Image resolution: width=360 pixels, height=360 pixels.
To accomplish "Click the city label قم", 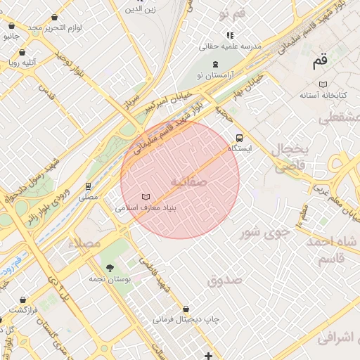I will coord(320,62).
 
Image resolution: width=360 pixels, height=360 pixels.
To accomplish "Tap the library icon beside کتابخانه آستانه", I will coord(323,84).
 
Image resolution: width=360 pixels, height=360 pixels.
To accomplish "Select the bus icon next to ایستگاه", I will coord(240,138).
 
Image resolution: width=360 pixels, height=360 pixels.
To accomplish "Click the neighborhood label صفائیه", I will coord(188,182).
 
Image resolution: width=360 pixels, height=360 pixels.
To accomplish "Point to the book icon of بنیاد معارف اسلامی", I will coord(146,197).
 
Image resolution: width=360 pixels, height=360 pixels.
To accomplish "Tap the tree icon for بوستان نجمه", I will coord(110,268).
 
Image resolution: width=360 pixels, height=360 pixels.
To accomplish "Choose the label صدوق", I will coord(224,280).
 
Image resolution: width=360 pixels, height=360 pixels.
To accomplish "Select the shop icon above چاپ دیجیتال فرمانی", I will coord(186,309).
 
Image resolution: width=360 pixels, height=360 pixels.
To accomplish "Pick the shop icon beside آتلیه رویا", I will coord(22,52).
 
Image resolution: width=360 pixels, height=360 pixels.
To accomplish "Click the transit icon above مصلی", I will coord(89,186).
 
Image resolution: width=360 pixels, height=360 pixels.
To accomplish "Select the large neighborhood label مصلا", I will coord(85,243).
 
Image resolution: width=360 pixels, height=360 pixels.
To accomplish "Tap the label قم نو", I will coord(232,14).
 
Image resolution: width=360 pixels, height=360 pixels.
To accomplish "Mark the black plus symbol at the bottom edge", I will coord(208,355).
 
